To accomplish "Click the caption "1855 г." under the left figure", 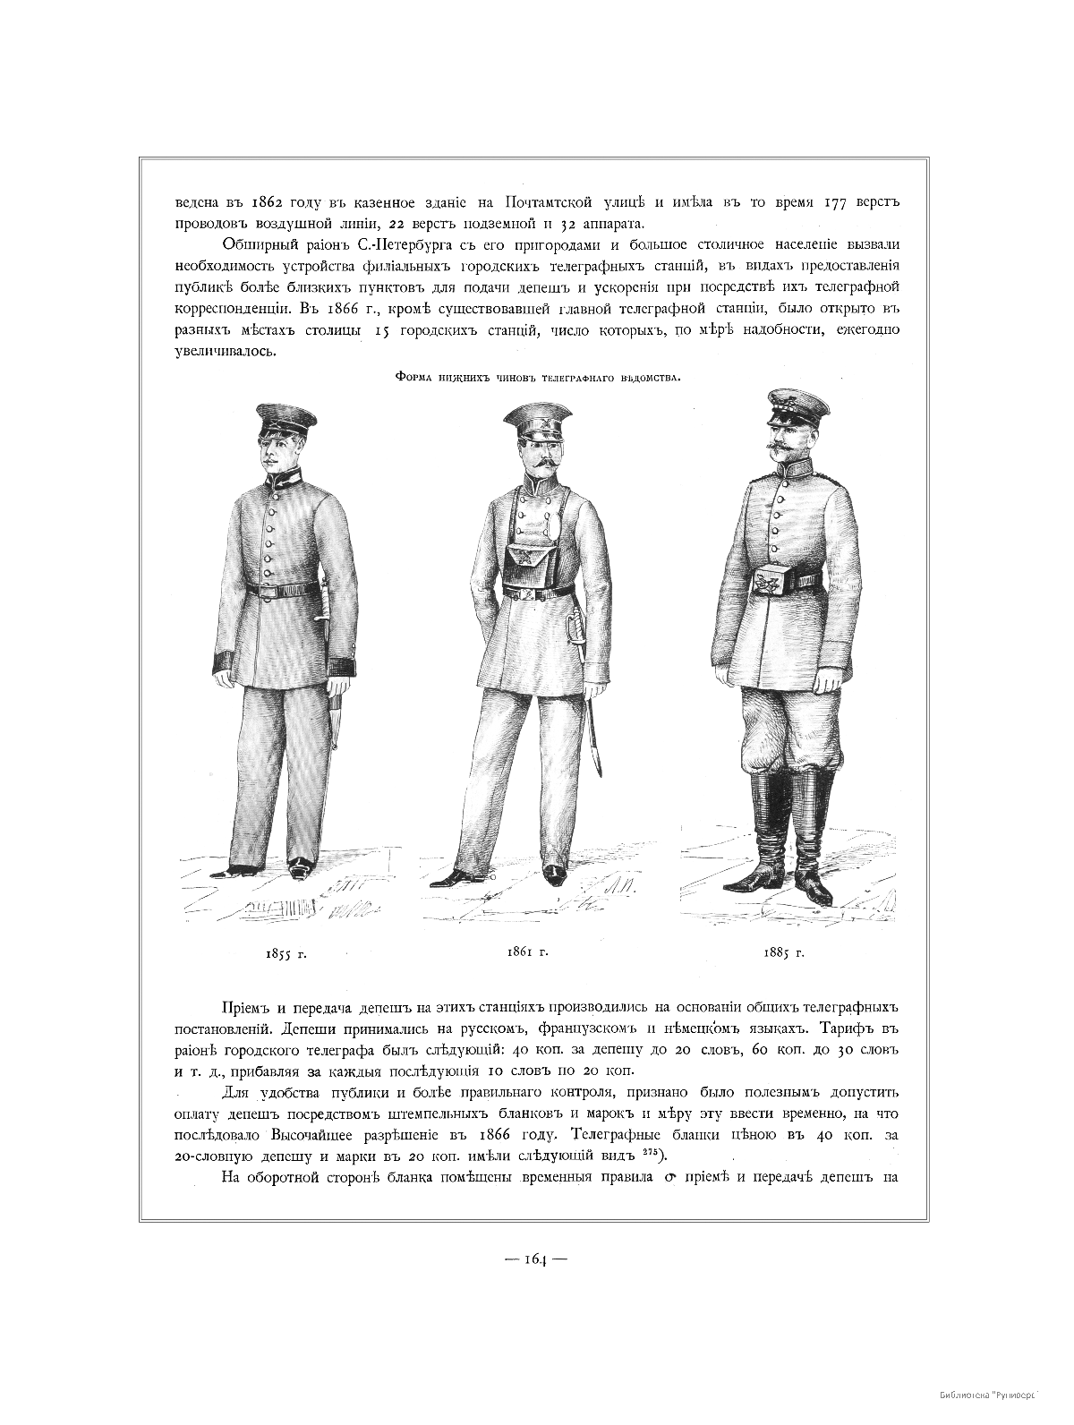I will tap(286, 954).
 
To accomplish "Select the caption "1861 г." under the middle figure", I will tap(526, 951).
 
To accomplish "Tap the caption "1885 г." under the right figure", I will tap(784, 952).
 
